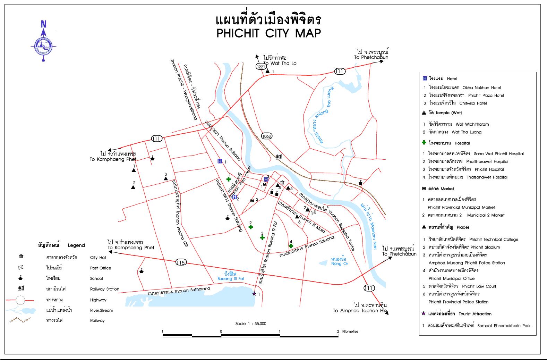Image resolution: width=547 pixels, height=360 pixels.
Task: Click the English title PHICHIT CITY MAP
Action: (269, 33)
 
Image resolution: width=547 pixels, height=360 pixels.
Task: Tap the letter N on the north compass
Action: (44, 24)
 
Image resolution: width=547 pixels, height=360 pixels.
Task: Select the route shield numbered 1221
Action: (260, 67)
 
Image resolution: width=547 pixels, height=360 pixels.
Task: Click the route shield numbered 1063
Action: (266, 136)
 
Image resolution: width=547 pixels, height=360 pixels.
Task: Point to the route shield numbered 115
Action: (180, 262)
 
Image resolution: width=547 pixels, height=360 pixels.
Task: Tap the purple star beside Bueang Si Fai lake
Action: (254, 294)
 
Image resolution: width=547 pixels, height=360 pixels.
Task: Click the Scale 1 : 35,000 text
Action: (251, 324)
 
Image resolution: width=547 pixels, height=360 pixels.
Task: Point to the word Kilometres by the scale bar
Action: (350, 332)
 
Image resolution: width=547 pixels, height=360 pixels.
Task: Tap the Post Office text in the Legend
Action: (101, 268)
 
